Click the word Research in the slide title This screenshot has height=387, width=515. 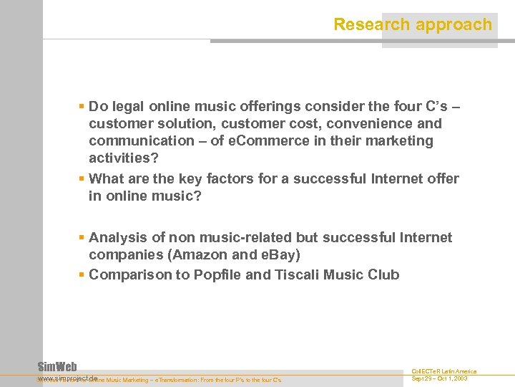point(364,25)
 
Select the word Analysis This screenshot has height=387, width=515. point(117,237)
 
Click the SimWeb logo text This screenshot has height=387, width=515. point(57,366)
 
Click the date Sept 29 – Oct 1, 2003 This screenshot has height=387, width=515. point(440,378)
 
